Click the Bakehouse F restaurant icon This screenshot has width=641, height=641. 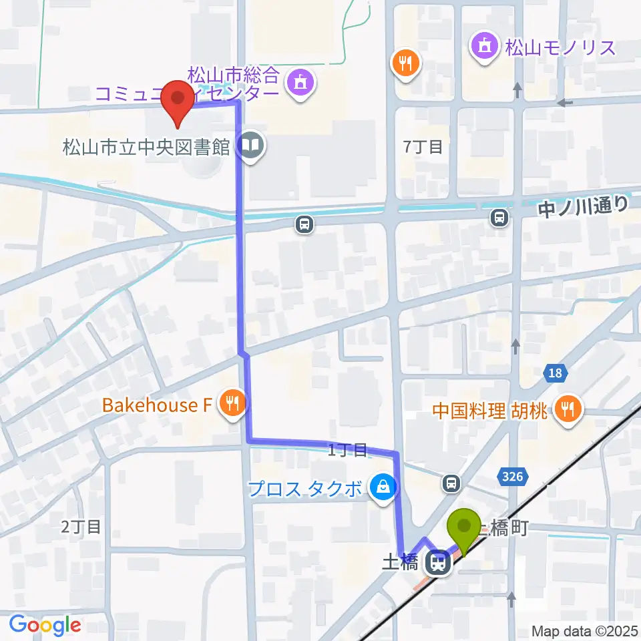[x=232, y=404]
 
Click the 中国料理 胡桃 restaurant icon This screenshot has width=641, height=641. [x=568, y=409]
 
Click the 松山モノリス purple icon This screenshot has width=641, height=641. [x=484, y=47]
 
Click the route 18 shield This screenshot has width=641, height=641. [x=556, y=373]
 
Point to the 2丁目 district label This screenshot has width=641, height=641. [x=81, y=527]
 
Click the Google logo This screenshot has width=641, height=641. [x=45, y=625]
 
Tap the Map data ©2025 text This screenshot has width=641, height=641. [x=584, y=630]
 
